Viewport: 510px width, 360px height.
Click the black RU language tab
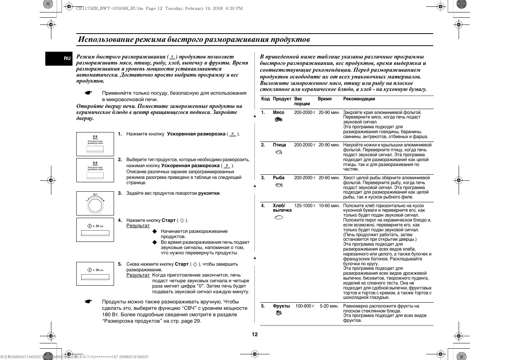pyautogui.click(x=67, y=58)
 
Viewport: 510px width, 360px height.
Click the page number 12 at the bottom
pyautogui.click(x=255, y=334)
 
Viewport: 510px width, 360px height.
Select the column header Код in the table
pyautogui.click(x=265, y=99)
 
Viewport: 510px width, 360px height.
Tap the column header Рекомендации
pyautogui.click(x=359, y=99)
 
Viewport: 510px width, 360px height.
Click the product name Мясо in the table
pyautogui.click(x=279, y=112)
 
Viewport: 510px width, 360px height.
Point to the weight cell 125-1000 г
pyautogui.click(x=305, y=206)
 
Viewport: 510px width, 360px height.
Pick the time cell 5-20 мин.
pyautogui.click(x=329, y=306)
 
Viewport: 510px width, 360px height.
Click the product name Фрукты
pyautogui.click(x=281, y=306)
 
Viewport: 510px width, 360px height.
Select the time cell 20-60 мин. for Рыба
pyautogui.click(x=329, y=178)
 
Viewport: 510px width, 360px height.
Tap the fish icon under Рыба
pyautogui.click(x=279, y=185)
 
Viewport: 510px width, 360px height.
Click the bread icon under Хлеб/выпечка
pyautogui.click(x=279, y=217)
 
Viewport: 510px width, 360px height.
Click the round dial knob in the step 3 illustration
pyautogui.click(x=95, y=204)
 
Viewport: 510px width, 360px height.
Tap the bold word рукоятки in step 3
pyautogui.click(x=209, y=193)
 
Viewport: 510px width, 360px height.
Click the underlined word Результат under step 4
pyautogui.click(x=138, y=226)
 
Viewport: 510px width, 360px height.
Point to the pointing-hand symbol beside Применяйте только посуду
pyautogui.click(x=88, y=93)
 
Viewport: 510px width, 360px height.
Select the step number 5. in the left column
pyautogui.click(x=120, y=264)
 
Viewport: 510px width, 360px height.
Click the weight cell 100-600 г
pyautogui.click(x=305, y=306)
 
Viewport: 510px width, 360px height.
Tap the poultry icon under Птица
pyautogui.click(x=279, y=152)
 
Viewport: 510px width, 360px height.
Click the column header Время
pyautogui.click(x=325, y=99)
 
